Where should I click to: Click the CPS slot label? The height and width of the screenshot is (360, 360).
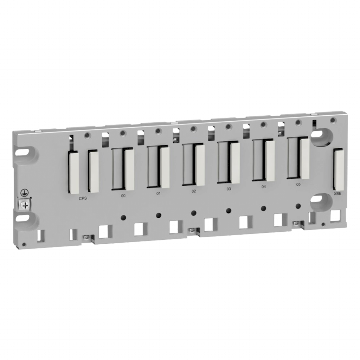pyautogui.click(x=83, y=198)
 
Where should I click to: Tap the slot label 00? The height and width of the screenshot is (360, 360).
pyautogui.click(x=123, y=196)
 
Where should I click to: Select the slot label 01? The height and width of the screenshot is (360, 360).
pyautogui.click(x=158, y=194)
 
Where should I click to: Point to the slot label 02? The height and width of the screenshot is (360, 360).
pyautogui.click(x=194, y=191)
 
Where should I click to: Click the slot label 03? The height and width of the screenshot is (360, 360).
pyautogui.click(x=229, y=189)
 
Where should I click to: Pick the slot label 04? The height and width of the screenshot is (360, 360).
pyautogui.click(x=263, y=187)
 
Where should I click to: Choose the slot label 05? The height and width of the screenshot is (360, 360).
pyautogui.click(x=298, y=185)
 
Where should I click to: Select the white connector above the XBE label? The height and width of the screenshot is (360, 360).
pyautogui.click(x=339, y=169)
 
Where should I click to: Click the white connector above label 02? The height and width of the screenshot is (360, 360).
pyautogui.click(x=200, y=165)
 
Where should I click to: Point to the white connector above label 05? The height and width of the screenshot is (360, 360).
pyautogui.click(x=304, y=157)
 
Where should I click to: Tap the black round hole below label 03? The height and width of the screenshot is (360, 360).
pyautogui.click(x=229, y=211)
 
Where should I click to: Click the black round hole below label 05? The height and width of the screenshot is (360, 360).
pyautogui.click(x=298, y=206)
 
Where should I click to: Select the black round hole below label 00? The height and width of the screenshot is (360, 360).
pyautogui.click(x=123, y=217)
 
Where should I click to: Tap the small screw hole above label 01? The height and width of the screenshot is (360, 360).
pyautogui.click(x=158, y=131)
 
